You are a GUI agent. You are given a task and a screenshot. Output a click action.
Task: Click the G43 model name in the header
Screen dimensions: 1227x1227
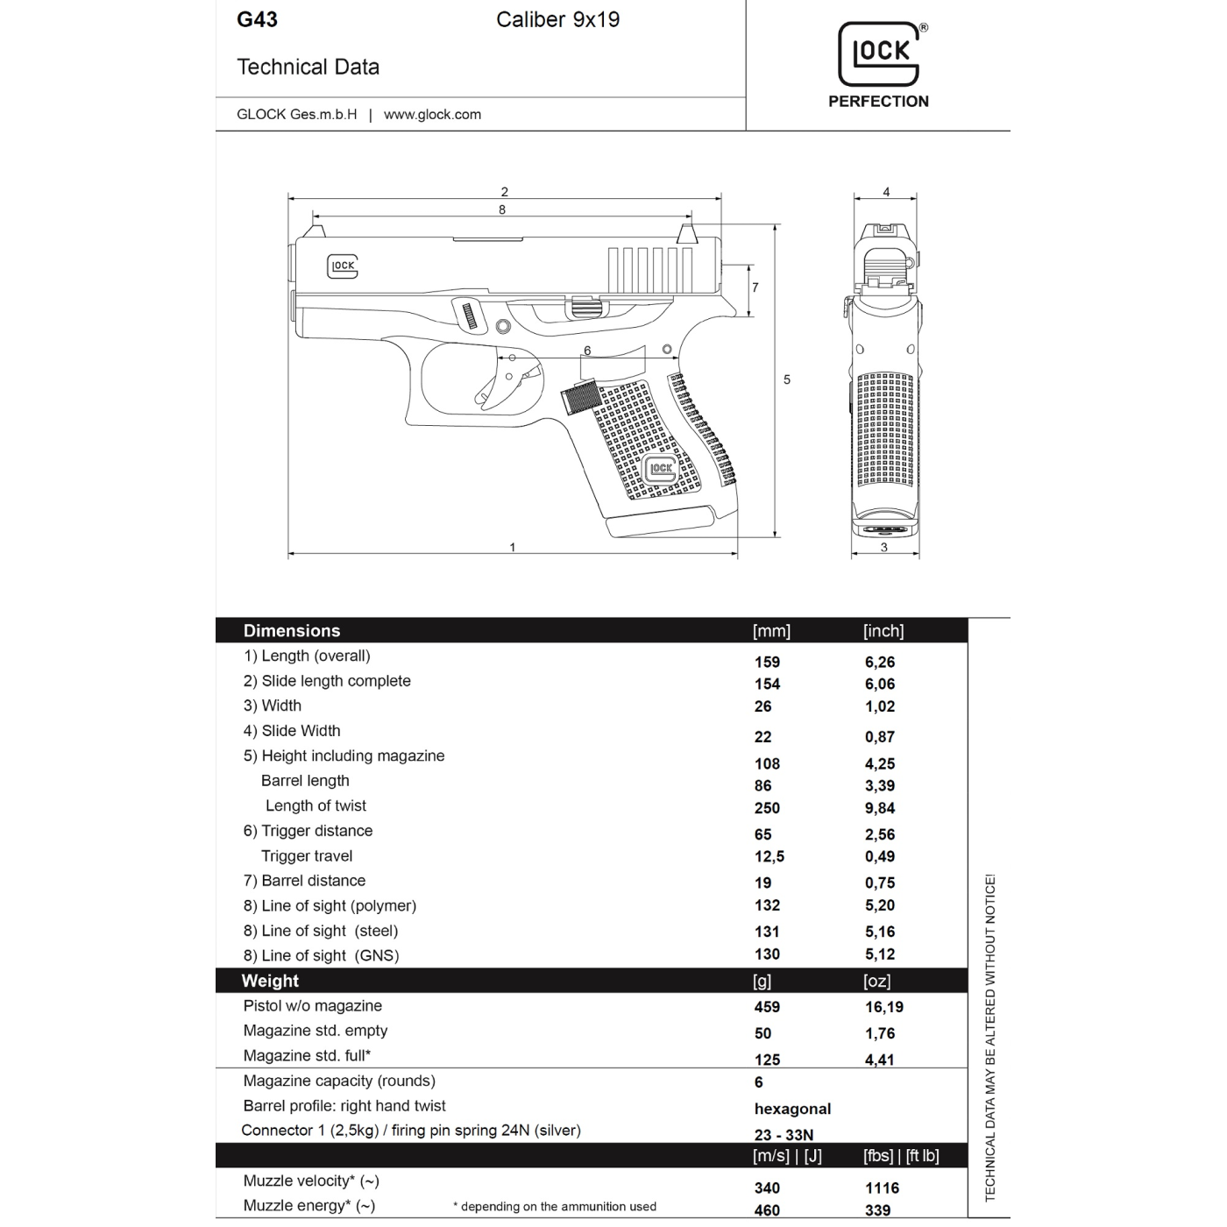257,19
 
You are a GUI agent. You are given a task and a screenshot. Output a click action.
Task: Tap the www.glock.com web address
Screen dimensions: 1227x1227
432,114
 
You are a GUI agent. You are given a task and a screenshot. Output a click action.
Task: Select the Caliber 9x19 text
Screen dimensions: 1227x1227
557,19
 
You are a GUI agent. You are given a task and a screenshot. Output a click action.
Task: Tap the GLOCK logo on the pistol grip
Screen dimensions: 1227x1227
661,469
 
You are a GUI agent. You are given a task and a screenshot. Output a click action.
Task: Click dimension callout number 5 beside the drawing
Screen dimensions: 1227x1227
787,379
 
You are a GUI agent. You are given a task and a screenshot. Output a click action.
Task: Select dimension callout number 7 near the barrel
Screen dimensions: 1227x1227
755,287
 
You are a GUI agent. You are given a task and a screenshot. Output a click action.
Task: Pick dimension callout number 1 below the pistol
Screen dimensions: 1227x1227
513,548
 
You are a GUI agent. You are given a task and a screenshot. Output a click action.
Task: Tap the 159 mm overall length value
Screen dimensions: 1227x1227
767,662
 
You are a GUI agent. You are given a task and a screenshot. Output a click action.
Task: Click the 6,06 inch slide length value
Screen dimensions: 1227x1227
880,684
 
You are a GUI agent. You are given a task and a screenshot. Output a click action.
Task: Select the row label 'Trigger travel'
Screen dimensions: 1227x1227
307,856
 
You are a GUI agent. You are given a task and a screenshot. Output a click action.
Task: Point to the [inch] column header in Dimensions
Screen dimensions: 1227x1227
883,631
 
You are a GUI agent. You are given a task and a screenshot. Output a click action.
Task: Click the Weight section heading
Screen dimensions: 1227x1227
270,982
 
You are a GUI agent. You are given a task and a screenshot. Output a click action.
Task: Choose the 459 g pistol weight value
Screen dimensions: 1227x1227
767,1008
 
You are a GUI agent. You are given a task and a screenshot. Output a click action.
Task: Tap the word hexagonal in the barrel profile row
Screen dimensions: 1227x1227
792,1109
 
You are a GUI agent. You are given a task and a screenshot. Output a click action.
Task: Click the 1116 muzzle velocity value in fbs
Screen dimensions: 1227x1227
882,1188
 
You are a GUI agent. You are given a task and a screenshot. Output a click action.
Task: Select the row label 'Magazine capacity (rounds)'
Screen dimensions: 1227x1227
339,1082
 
